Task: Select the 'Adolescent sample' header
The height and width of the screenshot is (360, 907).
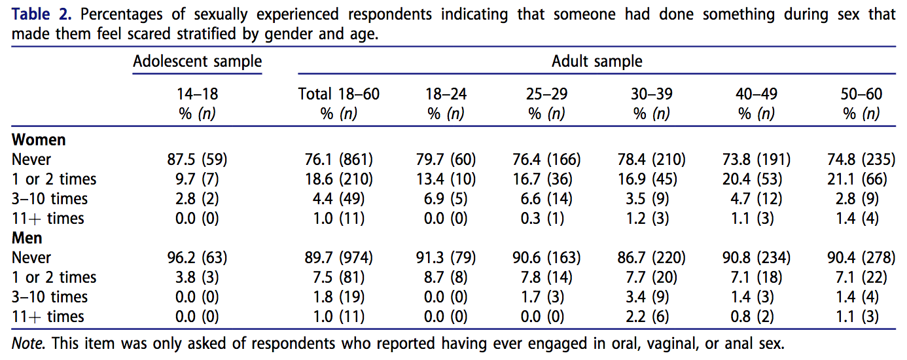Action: click(x=197, y=62)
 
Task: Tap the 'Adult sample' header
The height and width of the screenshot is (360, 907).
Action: click(x=597, y=62)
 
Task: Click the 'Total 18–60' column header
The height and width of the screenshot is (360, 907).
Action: click(x=338, y=94)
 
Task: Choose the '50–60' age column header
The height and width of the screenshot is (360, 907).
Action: click(x=861, y=94)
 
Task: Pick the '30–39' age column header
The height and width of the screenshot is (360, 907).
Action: click(x=651, y=94)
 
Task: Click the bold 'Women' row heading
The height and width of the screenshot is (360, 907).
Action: click(x=39, y=140)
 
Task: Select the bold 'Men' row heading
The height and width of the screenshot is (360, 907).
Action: click(x=27, y=238)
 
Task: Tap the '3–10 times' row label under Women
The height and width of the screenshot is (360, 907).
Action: click(x=50, y=199)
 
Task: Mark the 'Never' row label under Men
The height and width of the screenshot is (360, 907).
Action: click(x=31, y=258)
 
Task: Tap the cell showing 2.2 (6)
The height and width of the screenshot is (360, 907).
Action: click(x=651, y=317)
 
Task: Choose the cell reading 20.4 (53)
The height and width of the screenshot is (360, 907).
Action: click(x=755, y=179)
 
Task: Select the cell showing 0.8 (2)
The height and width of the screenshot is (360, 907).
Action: click(x=755, y=317)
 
